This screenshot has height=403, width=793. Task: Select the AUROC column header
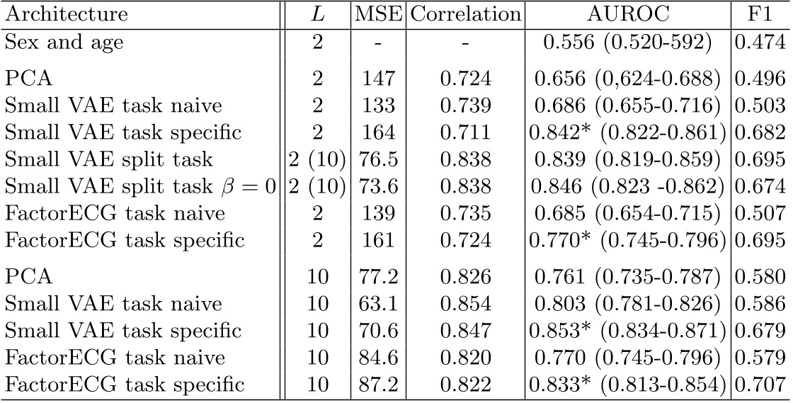627,14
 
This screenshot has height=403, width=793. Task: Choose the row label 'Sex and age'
64,42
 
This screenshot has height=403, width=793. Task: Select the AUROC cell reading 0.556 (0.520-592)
627,42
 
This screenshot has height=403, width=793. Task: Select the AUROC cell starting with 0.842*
627,133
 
